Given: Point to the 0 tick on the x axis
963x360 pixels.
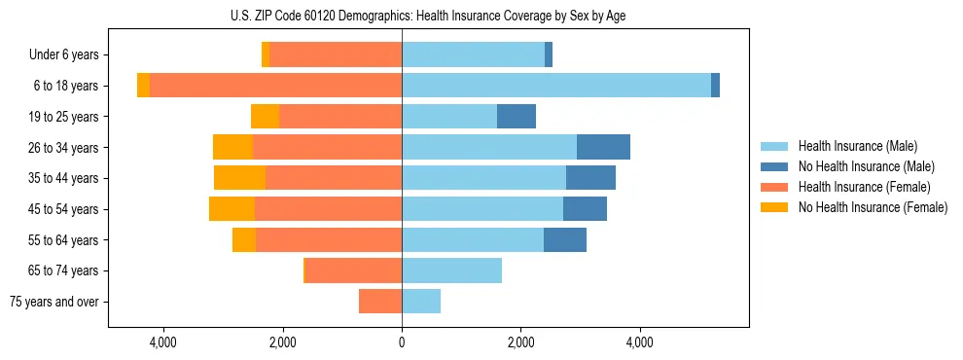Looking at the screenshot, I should pyautogui.click(x=402, y=342).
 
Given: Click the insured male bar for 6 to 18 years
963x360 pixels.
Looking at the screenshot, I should pyautogui.click(x=555, y=86).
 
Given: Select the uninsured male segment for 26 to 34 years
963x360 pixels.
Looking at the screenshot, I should pyautogui.click(x=603, y=147).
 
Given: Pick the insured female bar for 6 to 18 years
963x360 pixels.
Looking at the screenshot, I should pyautogui.click(x=275, y=86).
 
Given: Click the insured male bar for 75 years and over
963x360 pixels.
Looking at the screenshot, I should pyautogui.click(x=421, y=302).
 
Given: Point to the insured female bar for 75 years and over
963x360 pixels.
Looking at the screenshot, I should pyautogui.click(x=380, y=302).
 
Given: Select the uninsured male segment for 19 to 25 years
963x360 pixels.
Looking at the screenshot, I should pyautogui.click(x=517, y=117).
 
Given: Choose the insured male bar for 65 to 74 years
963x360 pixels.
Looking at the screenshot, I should pyautogui.click(x=451, y=270).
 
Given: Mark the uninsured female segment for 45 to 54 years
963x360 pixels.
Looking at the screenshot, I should pyautogui.click(x=232, y=209).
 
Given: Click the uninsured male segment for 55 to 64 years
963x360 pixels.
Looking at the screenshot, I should pyautogui.click(x=564, y=239).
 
